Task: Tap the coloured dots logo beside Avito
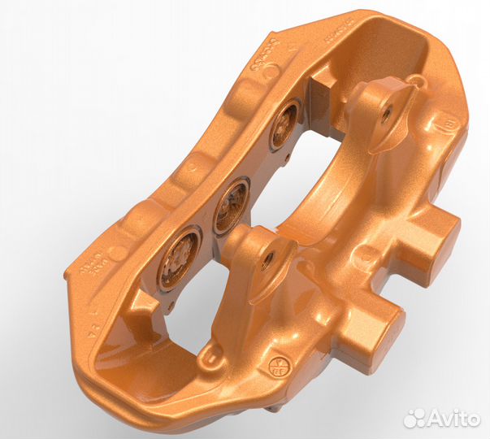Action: coord(415,417)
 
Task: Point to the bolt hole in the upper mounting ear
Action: coord(385,115)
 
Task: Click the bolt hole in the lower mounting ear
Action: coord(267,260)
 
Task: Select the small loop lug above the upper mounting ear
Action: coord(417,80)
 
